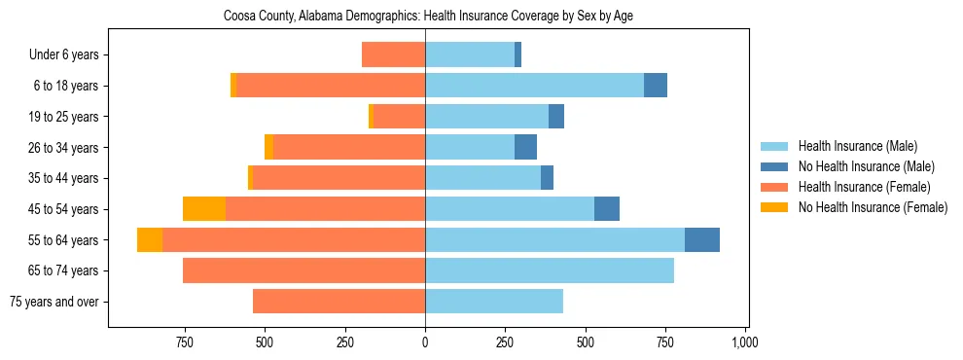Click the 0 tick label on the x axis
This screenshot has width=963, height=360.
425,342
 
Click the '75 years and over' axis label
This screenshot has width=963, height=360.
54,302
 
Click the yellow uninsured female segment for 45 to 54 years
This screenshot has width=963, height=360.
204,209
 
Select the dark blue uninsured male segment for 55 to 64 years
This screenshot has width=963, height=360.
702,239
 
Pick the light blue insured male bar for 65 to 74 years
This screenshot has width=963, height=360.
550,270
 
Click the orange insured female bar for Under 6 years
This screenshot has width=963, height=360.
393,55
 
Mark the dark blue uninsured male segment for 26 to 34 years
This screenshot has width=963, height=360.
525,148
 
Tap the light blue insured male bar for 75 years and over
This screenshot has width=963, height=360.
494,302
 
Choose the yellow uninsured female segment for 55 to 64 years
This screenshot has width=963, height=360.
150,239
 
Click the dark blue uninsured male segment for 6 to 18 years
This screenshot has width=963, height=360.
656,86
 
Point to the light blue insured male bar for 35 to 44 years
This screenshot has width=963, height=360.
482,178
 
